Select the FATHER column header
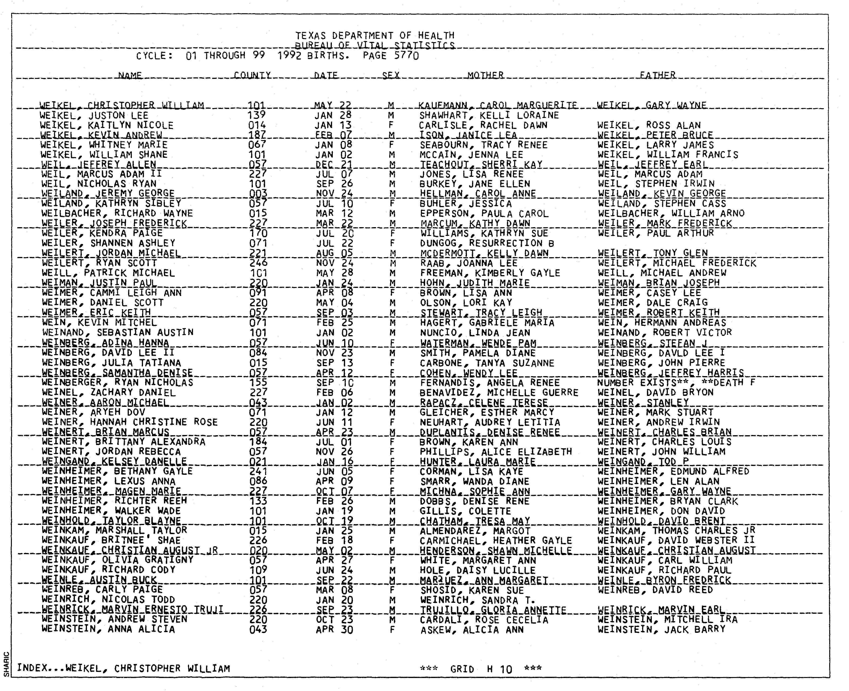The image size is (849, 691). (x=657, y=75)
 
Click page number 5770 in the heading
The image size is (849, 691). (x=406, y=55)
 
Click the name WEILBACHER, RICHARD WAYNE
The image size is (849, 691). (x=117, y=213)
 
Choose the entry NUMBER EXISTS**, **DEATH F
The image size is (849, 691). (x=676, y=383)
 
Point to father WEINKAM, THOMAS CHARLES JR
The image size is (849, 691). (x=676, y=531)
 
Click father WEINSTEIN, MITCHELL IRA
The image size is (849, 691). (x=667, y=620)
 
